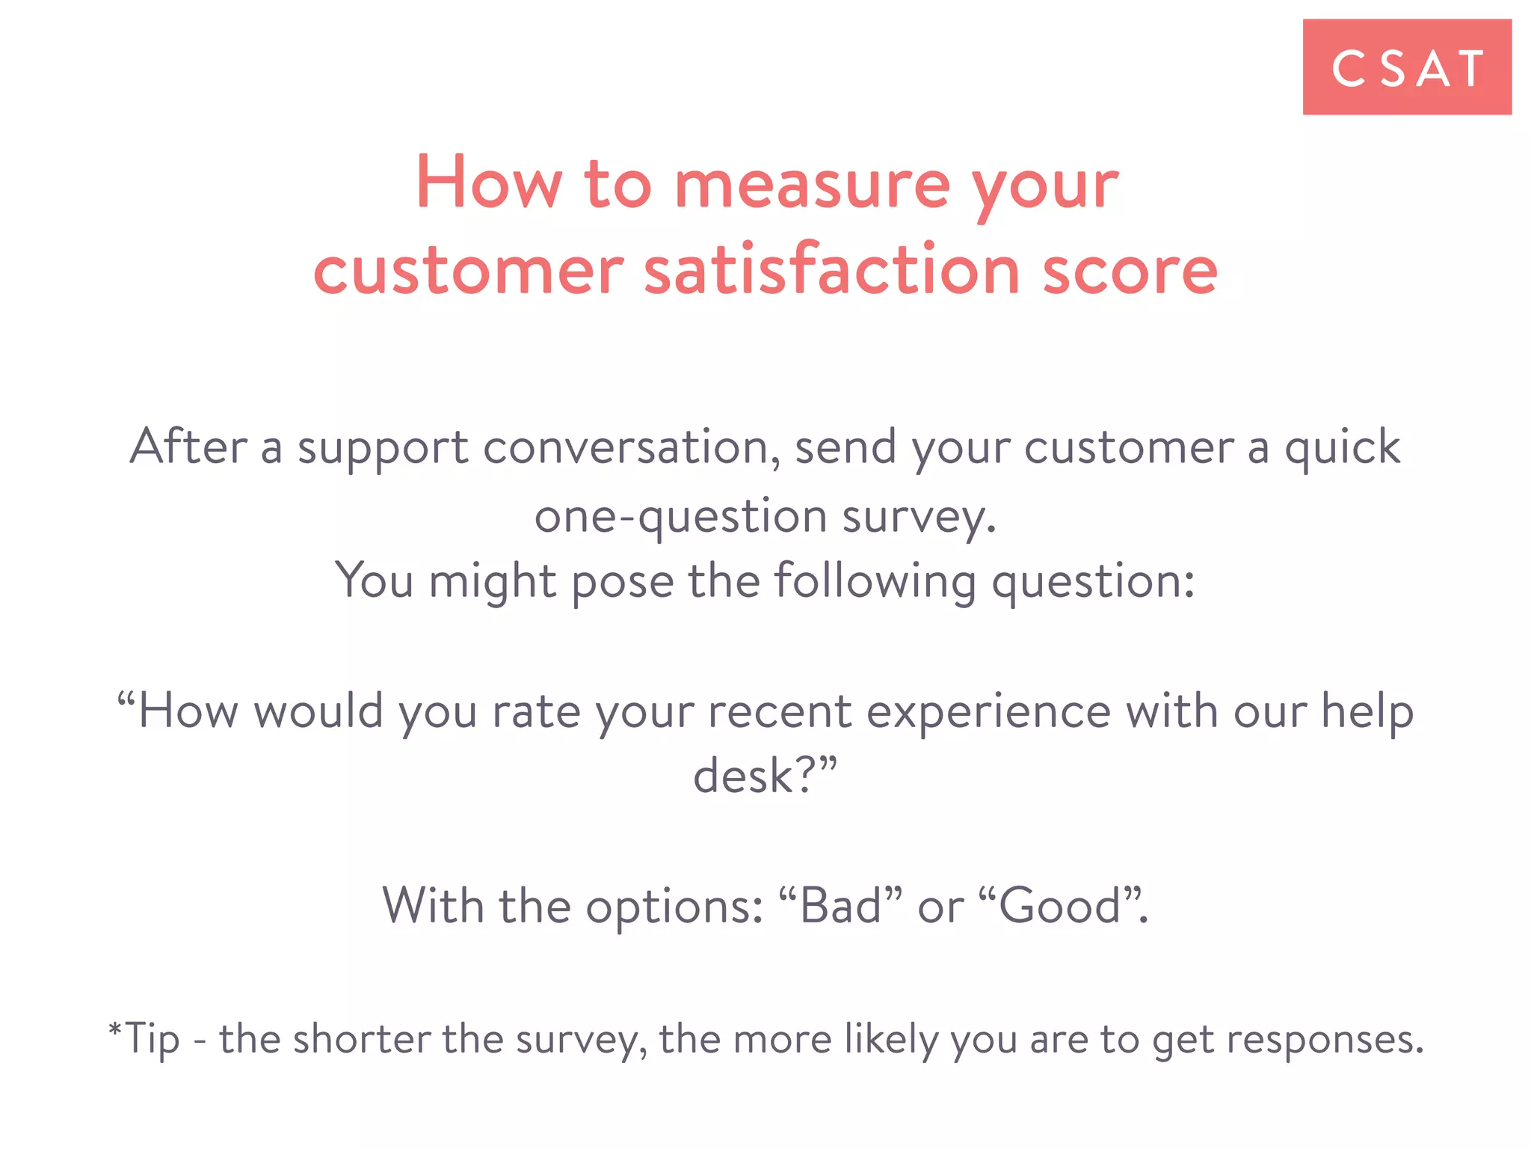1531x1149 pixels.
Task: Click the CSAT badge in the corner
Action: coord(1406,67)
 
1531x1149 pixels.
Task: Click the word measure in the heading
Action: coord(812,185)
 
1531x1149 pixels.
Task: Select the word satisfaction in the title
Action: coord(832,270)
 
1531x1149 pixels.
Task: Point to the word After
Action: coord(188,447)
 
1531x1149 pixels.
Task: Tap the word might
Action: coord(492,581)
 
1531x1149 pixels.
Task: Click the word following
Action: coord(875,581)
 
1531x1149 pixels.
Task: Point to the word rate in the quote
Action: coord(535,711)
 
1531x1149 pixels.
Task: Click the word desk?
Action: coord(764,776)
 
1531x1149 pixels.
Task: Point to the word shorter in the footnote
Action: coord(362,1039)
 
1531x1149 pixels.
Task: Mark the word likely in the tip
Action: coord(890,1039)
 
